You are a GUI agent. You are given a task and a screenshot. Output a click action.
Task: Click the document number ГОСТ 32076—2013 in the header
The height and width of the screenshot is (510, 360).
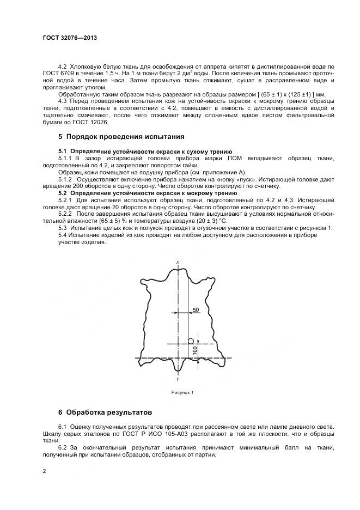(x=69, y=38)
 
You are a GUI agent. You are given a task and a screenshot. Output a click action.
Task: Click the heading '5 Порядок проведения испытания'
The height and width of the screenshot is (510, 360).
(x=121, y=136)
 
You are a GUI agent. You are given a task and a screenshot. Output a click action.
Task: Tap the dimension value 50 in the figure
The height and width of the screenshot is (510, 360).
(x=196, y=309)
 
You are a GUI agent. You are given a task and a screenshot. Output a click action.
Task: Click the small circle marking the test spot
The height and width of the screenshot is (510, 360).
(x=191, y=341)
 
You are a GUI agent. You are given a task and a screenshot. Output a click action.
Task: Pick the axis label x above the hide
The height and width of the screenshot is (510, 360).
(x=178, y=263)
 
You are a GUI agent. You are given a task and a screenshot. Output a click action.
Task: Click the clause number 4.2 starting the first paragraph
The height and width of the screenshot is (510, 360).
(x=63, y=66)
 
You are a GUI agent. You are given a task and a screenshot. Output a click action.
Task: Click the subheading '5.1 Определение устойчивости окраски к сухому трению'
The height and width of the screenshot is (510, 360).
(x=145, y=151)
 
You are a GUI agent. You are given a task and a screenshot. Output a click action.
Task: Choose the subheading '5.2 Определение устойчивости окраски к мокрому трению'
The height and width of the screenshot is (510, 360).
(x=147, y=193)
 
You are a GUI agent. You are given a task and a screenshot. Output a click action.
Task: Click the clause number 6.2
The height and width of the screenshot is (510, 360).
(x=63, y=447)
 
